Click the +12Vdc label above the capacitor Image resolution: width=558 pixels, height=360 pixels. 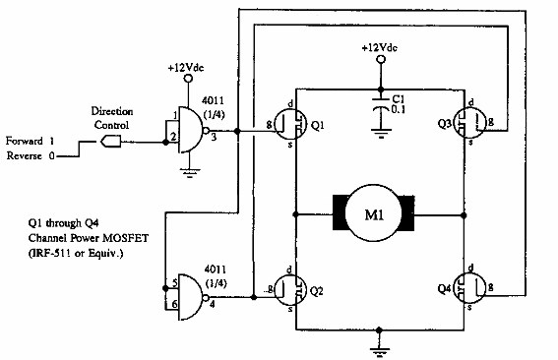point(380,47)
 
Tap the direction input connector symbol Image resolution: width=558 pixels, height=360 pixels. point(109,142)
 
